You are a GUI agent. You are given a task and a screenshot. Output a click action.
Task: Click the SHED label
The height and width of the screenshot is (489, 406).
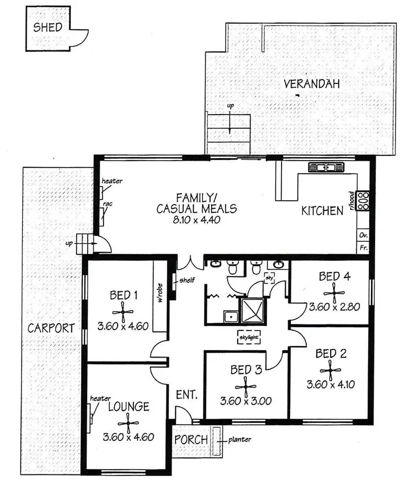coord(48,28)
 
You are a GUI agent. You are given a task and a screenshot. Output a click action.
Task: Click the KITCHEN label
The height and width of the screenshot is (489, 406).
coord(322,210)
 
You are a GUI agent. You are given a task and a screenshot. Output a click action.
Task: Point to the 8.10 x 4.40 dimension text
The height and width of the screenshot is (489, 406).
coord(188,220)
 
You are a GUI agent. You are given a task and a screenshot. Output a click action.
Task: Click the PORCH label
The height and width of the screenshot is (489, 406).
coord(191,439)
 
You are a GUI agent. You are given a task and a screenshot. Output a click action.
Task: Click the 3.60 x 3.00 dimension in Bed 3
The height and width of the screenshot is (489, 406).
coord(246,401)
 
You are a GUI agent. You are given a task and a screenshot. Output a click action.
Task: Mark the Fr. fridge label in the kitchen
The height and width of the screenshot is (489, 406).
coord(363,248)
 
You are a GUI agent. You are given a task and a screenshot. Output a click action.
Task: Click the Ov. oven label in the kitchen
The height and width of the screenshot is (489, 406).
coord(363,235)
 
